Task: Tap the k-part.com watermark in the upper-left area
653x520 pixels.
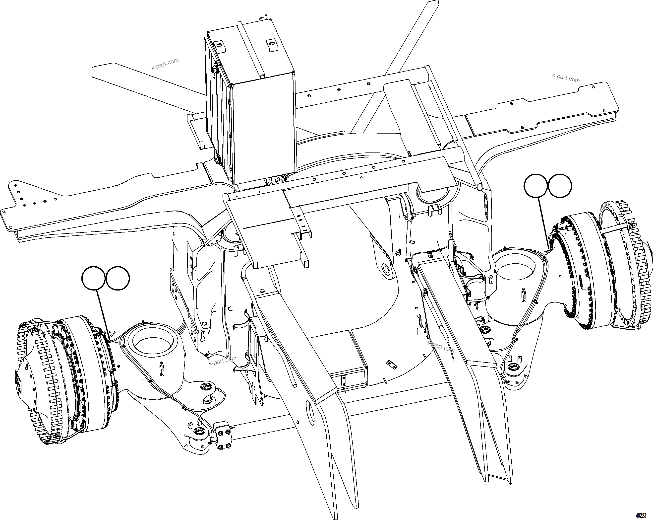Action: (165, 64)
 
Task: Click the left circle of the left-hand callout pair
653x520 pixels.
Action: (94, 278)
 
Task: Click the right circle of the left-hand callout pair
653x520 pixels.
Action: (118, 278)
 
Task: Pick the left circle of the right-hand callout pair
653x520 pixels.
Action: (536, 186)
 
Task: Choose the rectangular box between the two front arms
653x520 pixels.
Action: (348, 361)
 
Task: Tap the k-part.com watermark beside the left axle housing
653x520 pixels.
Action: (223, 361)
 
